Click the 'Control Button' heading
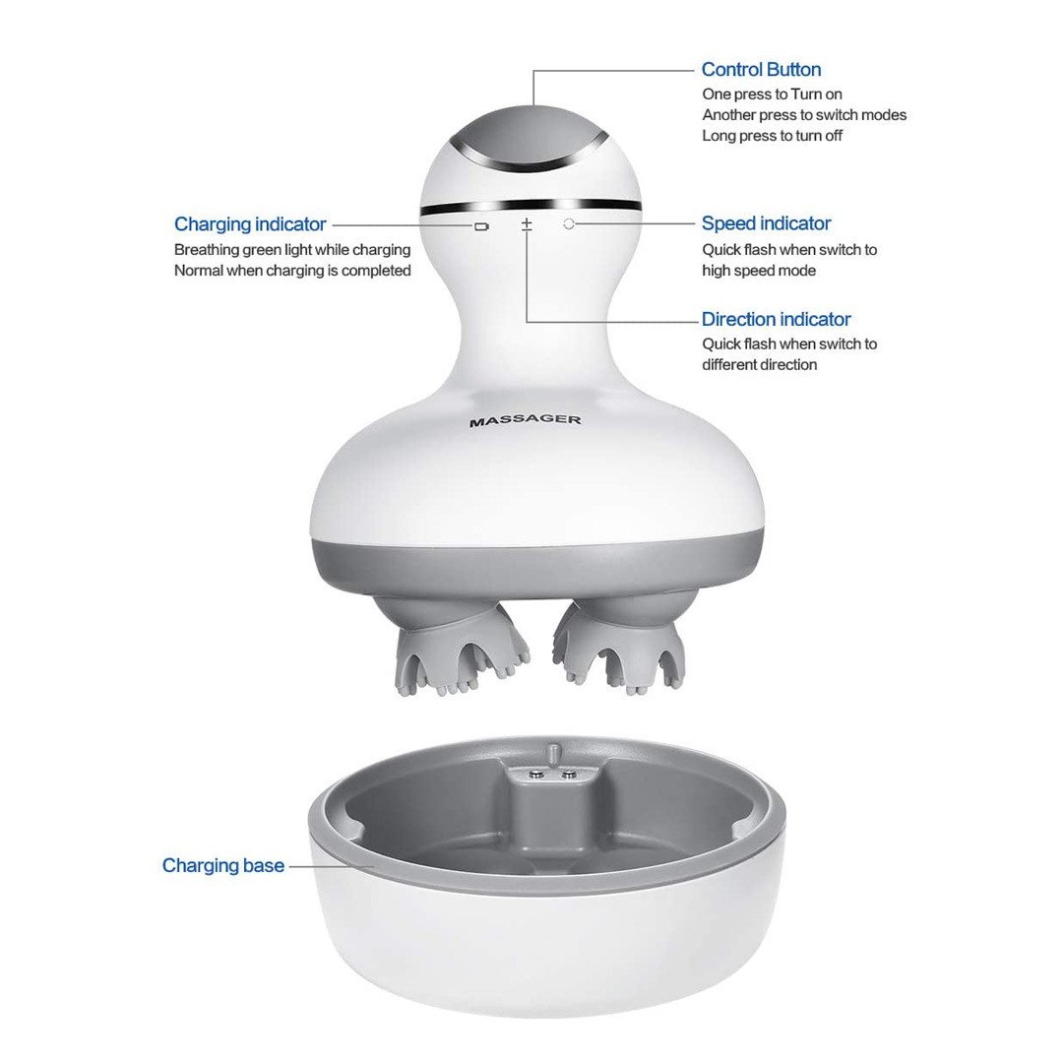coord(761,69)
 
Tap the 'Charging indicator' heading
coord(250,224)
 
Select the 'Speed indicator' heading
coord(766,223)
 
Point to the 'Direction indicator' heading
coord(776,319)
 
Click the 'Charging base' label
coord(223,866)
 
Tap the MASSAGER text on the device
coord(525,420)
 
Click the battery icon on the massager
coord(481,226)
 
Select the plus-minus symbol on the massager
coord(527,224)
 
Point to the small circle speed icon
coord(569,223)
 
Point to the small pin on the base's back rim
coord(552,753)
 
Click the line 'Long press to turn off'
coord(772,136)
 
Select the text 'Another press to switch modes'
coord(804,114)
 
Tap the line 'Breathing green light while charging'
coord(292,250)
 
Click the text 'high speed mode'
coord(759,271)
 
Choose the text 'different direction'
coord(759,365)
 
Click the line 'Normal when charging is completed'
coord(292,271)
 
